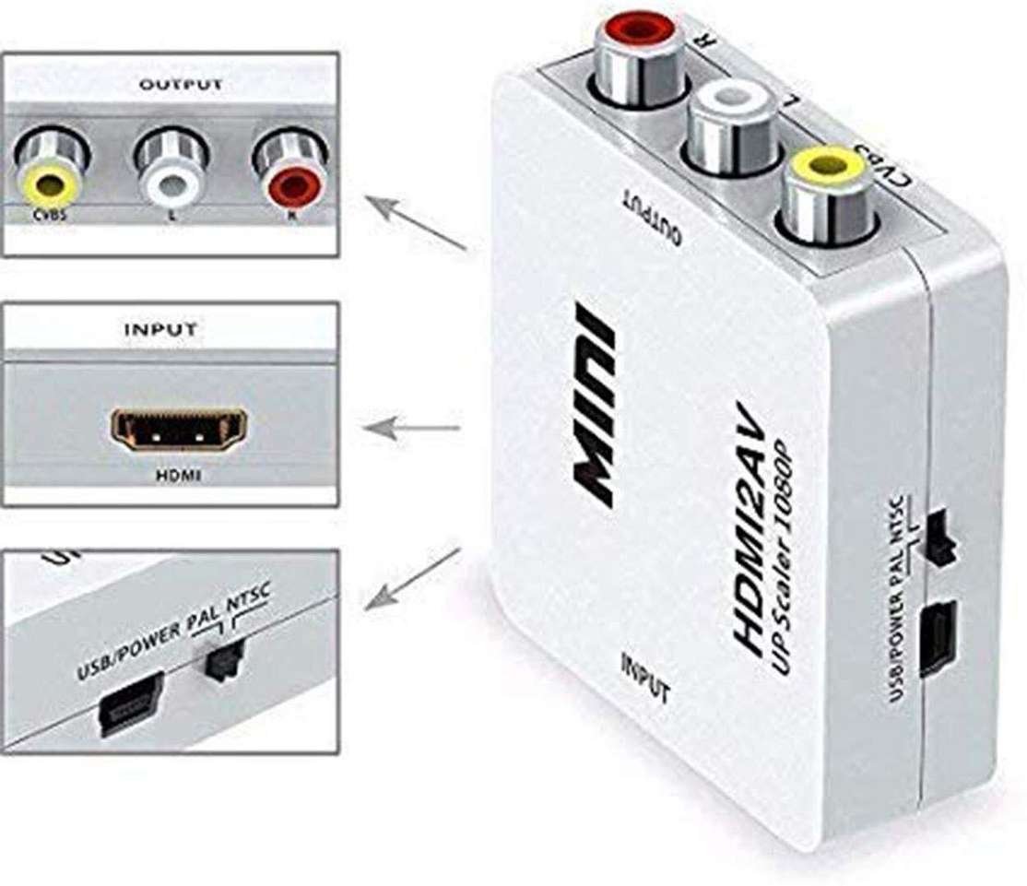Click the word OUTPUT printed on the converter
[653, 216]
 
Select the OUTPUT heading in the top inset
[181, 85]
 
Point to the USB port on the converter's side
[938, 637]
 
